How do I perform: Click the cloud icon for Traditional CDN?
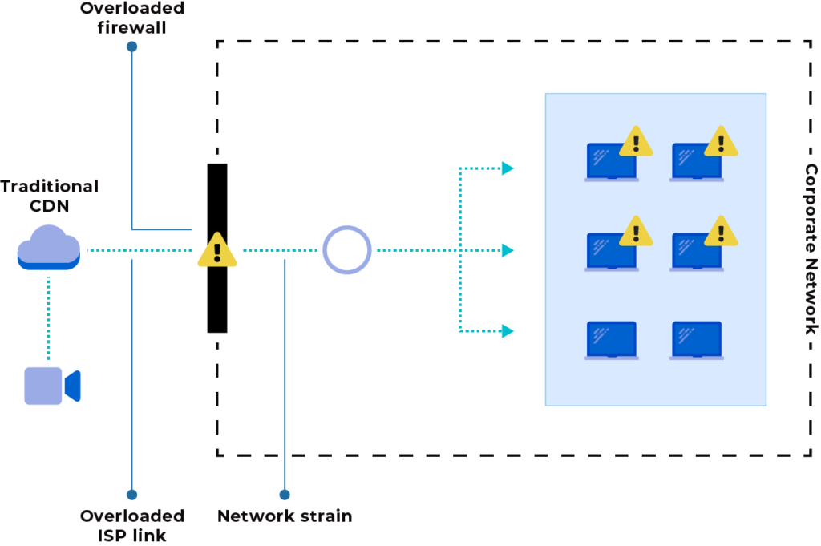(48, 246)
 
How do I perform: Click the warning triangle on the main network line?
(216, 250)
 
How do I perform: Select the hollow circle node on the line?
(347, 250)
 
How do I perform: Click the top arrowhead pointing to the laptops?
(507, 168)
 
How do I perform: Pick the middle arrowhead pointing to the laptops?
(507, 250)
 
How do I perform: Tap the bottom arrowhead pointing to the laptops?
(507, 330)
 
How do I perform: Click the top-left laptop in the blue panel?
(611, 163)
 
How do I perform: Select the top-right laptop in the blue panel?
(696, 163)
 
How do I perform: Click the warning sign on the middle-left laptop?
(637, 231)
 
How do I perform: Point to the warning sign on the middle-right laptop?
(721, 231)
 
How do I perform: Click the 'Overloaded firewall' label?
(132, 18)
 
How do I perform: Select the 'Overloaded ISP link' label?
(132, 524)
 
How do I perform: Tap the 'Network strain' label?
(285, 516)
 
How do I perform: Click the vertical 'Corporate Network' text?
(811, 249)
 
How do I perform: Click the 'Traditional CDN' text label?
(50, 196)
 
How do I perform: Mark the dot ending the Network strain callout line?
(285, 495)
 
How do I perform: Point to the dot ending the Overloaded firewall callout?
(132, 47)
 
